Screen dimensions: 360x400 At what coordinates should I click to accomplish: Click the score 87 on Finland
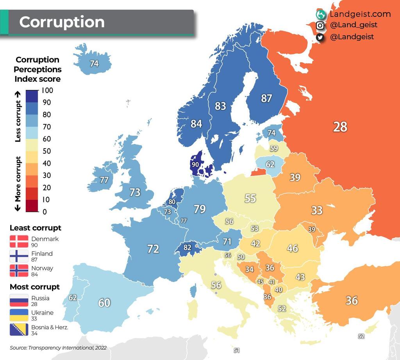pyautogui.click(x=266, y=98)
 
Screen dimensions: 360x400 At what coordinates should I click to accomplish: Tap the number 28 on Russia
pyautogui.click(x=340, y=127)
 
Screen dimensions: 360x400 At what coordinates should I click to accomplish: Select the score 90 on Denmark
pyautogui.click(x=195, y=165)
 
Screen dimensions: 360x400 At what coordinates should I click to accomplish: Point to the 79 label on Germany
pyautogui.click(x=200, y=209)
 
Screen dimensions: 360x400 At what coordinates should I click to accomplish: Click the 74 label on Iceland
pyautogui.click(x=94, y=63)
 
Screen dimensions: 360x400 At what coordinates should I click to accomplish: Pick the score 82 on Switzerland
pyautogui.click(x=187, y=247)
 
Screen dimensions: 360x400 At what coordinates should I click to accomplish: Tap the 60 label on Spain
pyautogui.click(x=104, y=303)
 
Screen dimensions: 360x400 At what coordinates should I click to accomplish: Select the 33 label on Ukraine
pyautogui.click(x=317, y=210)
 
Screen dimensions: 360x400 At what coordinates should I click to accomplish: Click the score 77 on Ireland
pyautogui.click(x=104, y=180)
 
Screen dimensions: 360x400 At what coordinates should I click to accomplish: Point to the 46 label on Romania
pyautogui.click(x=292, y=248)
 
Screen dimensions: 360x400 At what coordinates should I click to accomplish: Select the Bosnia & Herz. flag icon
pyautogui.click(x=19, y=330)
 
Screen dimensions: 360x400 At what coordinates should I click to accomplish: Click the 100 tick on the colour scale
pyautogui.click(x=47, y=90)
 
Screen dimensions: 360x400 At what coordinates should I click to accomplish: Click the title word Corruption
pyautogui.click(x=62, y=22)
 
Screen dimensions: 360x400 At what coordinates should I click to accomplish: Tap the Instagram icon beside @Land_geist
pyautogui.click(x=320, y=25)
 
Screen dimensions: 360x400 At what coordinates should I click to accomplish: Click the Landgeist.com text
pyautogui.click(x=360, y=14)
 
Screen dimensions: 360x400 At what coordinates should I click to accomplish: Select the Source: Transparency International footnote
pyautogui.click(x=58, y=347)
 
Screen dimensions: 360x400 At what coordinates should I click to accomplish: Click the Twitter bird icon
pyautogui.click(x=320, y=37)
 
